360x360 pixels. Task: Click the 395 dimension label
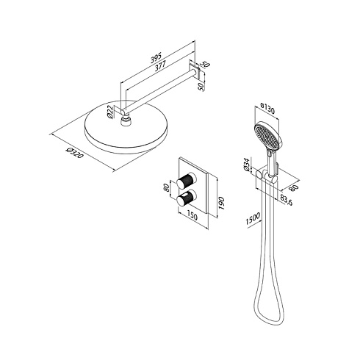click(x=156, y=59)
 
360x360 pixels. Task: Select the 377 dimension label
click(x=160, y=66)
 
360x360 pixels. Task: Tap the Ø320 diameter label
click(x=74, y=152)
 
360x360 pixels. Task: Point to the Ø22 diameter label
click(x=111, y=112)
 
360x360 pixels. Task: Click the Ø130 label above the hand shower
click(x=267, y=109)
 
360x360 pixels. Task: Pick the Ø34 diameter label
click(x=247, y=164)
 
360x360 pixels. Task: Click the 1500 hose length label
click(x=253, y=219)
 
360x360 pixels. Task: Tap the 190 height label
click(x=222, y=203)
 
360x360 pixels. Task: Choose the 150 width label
click(x=192, y=216)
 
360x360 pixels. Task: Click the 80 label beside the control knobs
click(x=167, y=188)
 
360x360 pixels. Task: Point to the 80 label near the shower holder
click(x=295, y=188)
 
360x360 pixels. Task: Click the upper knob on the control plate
click(x=187, y=181)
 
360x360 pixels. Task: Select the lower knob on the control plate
click(x=187, y=198)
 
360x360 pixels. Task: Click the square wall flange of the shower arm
click(x=195, y=71)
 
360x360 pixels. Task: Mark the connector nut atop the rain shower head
click(x=126, y=121)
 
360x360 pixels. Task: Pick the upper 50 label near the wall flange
click(x=206, y=65)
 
